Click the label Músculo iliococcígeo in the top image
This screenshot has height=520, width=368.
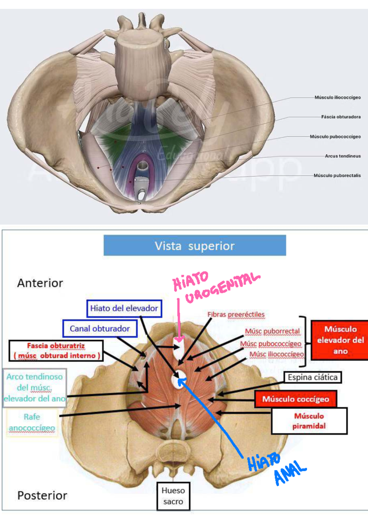tap(338, 97)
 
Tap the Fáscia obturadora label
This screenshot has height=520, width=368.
tap(341, 117)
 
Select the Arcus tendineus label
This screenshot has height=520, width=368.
tap(343, 156)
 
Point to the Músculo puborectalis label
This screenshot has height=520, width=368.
tap(337, 175)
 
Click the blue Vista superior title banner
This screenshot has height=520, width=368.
tap(195, 245)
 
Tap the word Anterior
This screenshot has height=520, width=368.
tap(40, 283)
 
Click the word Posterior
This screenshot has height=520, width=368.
tap(42, 496)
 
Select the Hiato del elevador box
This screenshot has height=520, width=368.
tap(124, 308)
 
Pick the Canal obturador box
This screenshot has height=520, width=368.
tap(100, 329)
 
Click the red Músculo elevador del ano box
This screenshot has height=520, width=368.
tap(340, 340)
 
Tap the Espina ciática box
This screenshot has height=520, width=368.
tap(312, 377)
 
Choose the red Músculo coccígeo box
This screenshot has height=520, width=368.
tap(295, 399)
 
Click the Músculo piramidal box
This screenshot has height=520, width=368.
tap(309, 421)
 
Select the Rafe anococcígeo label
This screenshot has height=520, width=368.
tap(32, 422)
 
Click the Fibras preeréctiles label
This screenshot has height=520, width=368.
tap(236, 315)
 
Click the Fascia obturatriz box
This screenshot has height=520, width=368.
tap(56, 351)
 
